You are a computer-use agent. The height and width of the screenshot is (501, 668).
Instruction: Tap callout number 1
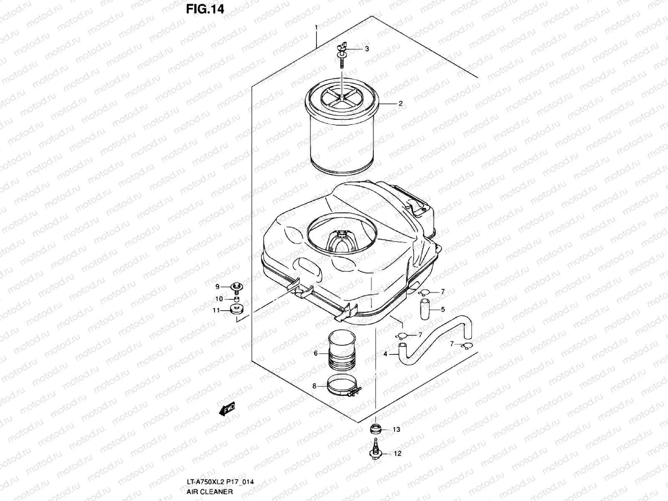click(316, 28)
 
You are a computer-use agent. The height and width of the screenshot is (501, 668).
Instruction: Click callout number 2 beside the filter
click(400, 104)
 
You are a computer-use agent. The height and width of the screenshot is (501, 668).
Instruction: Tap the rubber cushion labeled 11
click(237, 311)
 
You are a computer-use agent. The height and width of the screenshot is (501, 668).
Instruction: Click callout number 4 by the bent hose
click(385, 354)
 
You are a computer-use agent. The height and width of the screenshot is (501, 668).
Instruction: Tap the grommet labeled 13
click(375, 429)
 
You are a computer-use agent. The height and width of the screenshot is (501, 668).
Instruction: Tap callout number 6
click(316, 354)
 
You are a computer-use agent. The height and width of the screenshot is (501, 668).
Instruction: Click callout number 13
click(396, 430)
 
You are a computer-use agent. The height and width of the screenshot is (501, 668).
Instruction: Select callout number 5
click(443, 309)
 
